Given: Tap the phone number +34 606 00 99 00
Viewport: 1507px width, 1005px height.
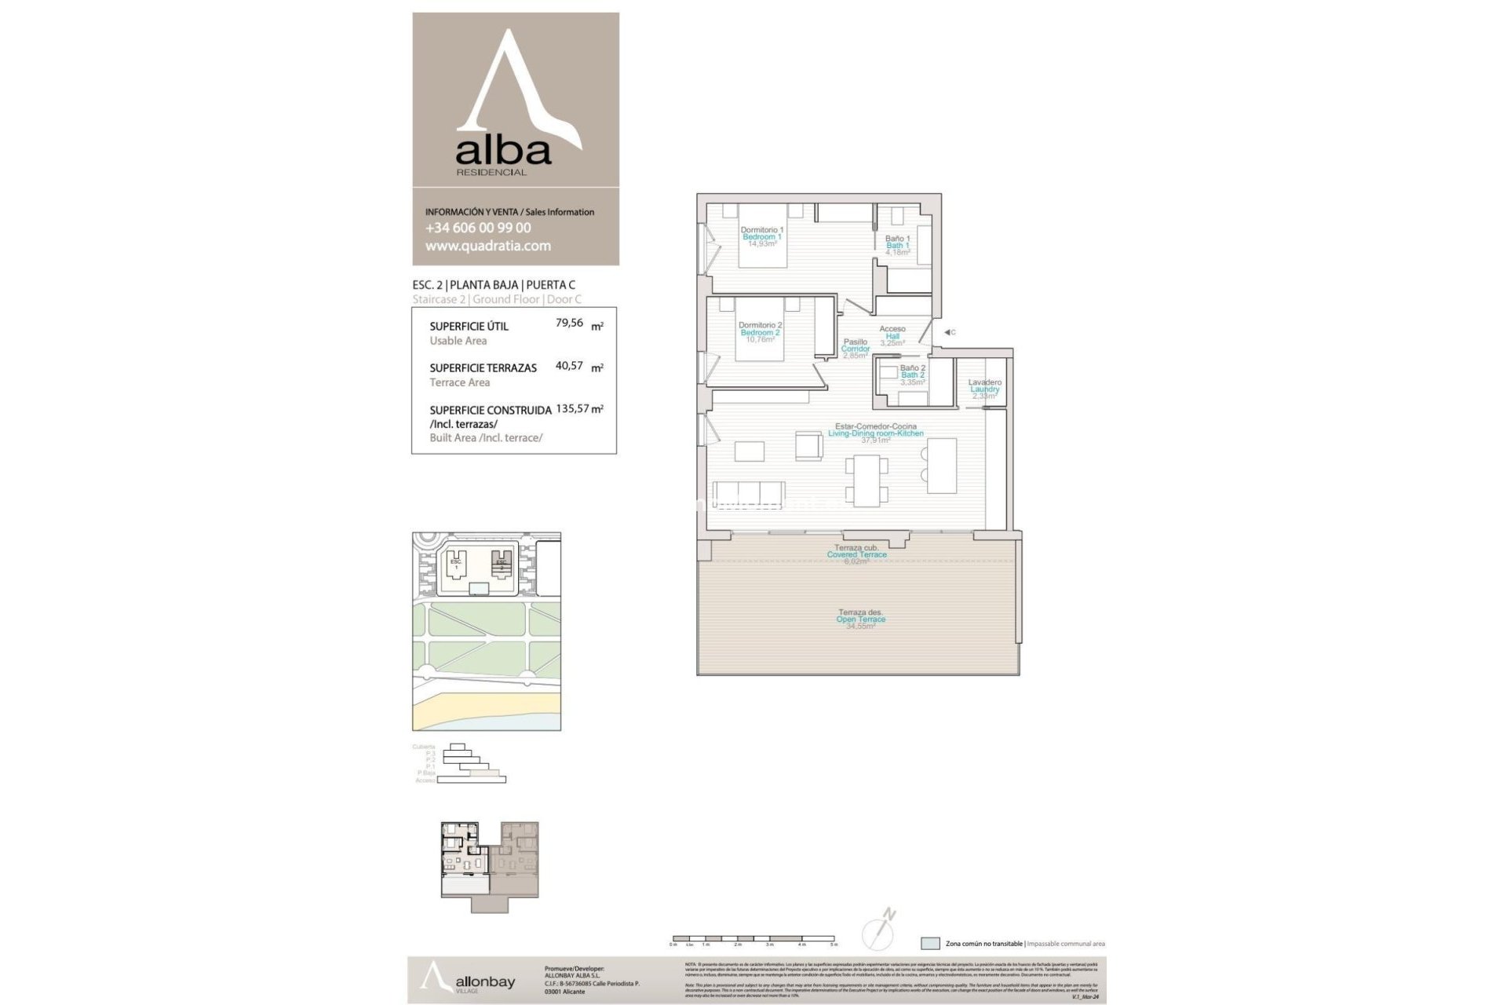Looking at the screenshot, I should pos(478,228).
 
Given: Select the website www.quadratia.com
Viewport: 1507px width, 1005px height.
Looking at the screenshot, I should pos(487,246).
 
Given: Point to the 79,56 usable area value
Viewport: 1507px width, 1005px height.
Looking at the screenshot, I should pos(570,323).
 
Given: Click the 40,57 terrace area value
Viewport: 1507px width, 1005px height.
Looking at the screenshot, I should pos(570,365).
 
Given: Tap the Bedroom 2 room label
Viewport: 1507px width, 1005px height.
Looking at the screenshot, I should pos(760,332).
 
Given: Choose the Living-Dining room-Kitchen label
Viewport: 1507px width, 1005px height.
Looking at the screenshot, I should pos(875,433).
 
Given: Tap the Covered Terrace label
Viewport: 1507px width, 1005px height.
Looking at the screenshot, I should pos(856,554).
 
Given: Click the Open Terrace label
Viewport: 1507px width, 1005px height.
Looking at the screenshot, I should pos(860,619).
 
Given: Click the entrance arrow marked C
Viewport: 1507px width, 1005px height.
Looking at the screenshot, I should pos(948,332).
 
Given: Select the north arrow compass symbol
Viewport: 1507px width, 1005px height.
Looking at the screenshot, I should pos(879,931).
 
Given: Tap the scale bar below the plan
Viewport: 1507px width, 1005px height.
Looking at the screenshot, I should pos(753,938).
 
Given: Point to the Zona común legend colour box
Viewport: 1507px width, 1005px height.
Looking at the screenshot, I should pos(930,944).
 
